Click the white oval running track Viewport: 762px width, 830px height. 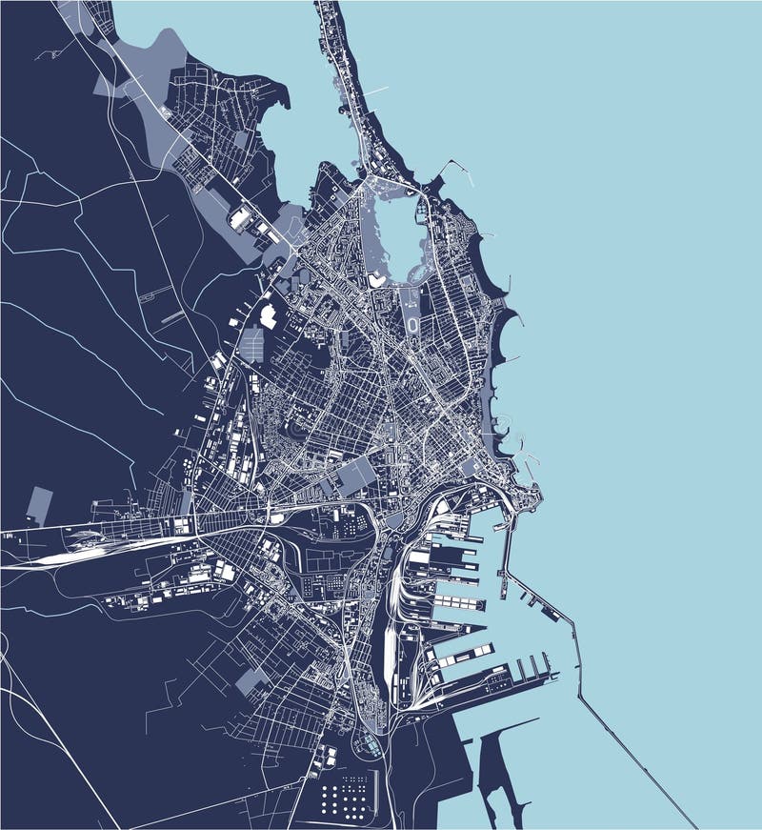[412, 325]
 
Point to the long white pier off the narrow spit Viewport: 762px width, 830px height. [374, 92]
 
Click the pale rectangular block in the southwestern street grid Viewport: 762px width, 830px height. [252, 680]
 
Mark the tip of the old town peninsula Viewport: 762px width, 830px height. [538, 492]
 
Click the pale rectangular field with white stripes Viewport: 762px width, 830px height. [254, 344]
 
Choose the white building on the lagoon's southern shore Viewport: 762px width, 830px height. [378, 279]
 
